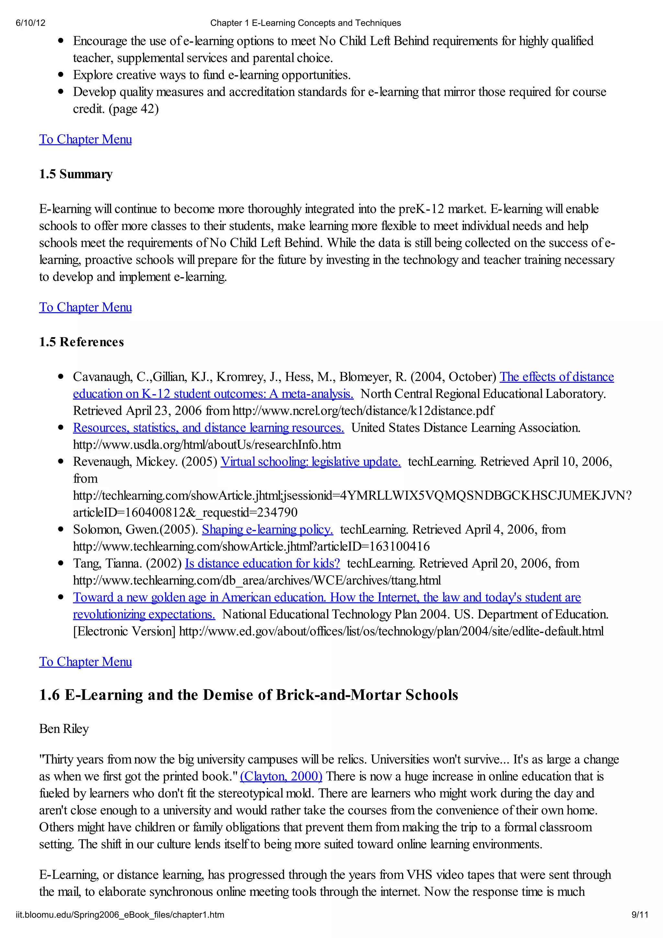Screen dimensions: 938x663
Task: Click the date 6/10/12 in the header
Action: pos(31,23)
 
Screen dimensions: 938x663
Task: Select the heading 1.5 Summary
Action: pos(75,174)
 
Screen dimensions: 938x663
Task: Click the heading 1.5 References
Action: pos(81,342)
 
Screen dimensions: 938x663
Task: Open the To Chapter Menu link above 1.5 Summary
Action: pos(85,139)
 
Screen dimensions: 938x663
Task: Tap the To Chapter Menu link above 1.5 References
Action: pos(85,307)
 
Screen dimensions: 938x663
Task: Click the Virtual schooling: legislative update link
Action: pos(310,462)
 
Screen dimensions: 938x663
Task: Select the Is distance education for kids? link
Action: pos(262,563)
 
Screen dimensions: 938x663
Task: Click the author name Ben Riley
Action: pos(64,729)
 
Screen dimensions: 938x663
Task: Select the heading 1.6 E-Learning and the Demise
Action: pos(248,695)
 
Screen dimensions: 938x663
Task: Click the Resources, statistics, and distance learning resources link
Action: pos(208,428)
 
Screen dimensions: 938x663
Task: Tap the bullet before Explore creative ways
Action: pos(61,75)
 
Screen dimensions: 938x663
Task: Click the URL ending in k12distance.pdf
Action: pos(363,411)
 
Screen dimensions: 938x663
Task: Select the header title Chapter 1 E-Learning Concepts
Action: pos(305,23)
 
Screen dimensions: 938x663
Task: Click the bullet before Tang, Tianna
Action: pos(61,563)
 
